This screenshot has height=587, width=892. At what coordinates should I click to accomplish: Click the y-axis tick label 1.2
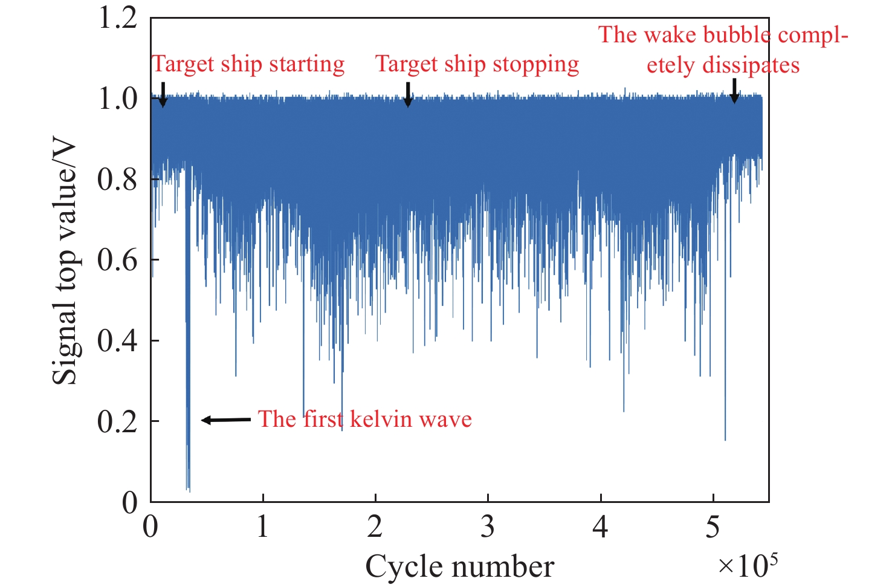pyautogui.click(x=118, y=18)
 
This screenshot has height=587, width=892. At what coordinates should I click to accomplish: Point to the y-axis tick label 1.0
pyautogui.click(x=118, y=99)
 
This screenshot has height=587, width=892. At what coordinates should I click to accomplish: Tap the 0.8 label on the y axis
pyautogui.click(x=118, y=180)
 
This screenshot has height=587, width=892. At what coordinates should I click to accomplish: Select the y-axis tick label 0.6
pyautogui.click(x=118, y=260)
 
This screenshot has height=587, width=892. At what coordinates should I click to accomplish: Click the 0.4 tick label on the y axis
pyautogui.click(x=118, y=341)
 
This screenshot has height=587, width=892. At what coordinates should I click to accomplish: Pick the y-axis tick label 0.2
pyautogui.click(x=118, y=421)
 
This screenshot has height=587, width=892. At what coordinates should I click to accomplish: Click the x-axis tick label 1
pyautogui.click(x=262, y=527)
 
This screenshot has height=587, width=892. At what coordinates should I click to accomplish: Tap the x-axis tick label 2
pyautogui.click(x=375, y=527)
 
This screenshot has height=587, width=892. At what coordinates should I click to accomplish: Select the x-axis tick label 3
pyautogui.click(x=488, y=527)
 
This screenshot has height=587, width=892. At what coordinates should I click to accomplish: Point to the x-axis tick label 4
pyautogui.click(x=600, y=527)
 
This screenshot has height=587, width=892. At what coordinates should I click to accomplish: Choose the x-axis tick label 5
pyautogui.click(x=713, y=527)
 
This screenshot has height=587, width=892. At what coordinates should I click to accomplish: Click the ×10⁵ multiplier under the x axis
pyautogui.click(x=748, y=565)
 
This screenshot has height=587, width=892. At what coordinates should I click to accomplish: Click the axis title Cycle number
pyautogui.click(x=459, y=567)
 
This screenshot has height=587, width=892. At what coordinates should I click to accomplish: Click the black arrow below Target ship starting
pyautogui.click(x=162, y=95)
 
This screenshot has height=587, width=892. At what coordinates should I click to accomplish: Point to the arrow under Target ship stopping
pyautogui.click(x=408, y=94)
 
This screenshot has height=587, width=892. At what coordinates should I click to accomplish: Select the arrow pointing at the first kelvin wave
pyautogui.click(x=225, y=420)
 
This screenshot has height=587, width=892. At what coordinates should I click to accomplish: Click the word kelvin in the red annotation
pyautogui.click(x=375, y=419)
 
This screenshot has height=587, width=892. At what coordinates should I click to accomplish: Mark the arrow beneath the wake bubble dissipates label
pyautogui.click(x=734, y=91)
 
